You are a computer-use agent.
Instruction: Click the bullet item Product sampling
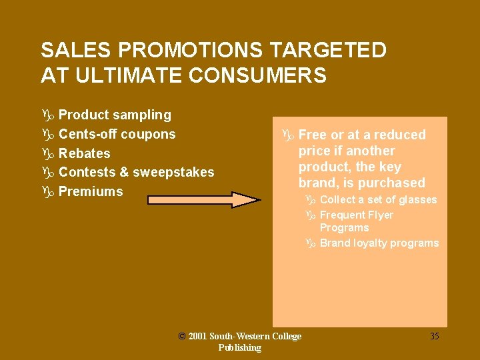click(115, 115)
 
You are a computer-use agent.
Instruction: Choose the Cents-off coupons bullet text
click(117, 134)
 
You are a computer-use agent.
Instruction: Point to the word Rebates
click(84, 153)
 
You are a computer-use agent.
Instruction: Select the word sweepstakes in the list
click(173, 172)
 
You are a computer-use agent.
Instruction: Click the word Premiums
click(91, 191)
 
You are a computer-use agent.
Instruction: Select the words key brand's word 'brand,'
click(317, 183)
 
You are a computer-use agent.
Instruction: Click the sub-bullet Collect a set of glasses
click(378, 200)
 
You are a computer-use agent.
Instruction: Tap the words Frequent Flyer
click(356, 215)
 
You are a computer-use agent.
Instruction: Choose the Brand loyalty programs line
click(379, 243)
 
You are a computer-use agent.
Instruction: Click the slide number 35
click(434, 336)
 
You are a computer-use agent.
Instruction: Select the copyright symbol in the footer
click(182, 336)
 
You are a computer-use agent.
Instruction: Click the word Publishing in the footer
click(239, 347)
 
